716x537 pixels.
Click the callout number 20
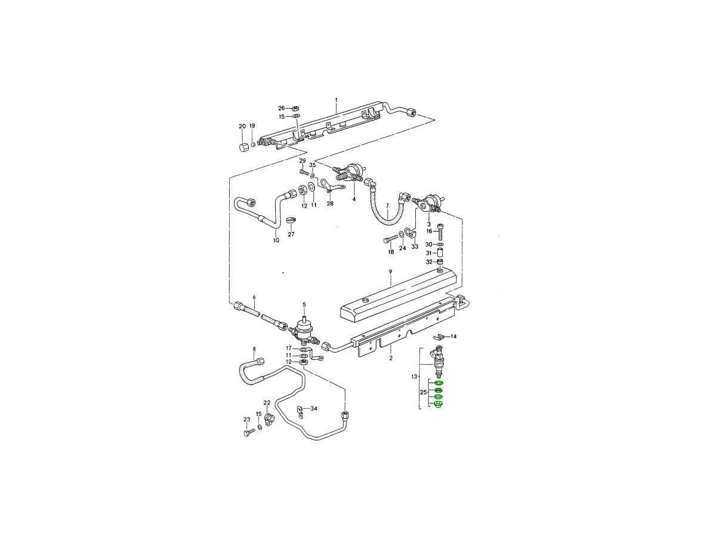[242, 126]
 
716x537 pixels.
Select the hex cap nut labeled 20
[243, 149]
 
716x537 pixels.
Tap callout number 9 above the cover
[390, 271]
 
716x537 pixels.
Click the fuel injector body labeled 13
[438, 361]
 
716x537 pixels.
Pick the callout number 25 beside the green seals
[424, 392]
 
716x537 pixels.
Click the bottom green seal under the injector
[438, 405]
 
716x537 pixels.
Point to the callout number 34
[313, 408]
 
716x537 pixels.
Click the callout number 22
[267, 403]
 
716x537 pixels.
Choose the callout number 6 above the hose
[254, 297]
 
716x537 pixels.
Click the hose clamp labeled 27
[291, 221]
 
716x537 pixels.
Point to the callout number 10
[276, 240]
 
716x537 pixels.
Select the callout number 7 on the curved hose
[387, 206]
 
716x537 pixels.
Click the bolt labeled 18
[391, 241]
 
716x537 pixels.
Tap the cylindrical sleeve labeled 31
[440, 252]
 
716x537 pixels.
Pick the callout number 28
[330, 203]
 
